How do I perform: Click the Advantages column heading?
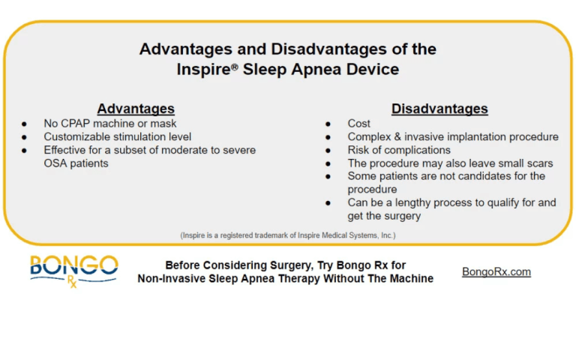pos(136,109)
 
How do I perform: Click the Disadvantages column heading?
pos(439,109)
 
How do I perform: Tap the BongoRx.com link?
pos(496,271)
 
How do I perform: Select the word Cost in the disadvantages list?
pos(358,124)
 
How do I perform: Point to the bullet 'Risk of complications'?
pos(399,150)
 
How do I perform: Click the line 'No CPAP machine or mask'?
pos(109,124)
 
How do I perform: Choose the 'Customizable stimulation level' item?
pos(117,136)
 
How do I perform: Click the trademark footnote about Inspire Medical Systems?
pos(287,235)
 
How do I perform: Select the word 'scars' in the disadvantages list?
pos(536,163)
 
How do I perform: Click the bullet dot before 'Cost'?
pos(328,124)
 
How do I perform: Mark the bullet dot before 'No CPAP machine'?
pos(25,124)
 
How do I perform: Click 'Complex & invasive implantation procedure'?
pos(452,136)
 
